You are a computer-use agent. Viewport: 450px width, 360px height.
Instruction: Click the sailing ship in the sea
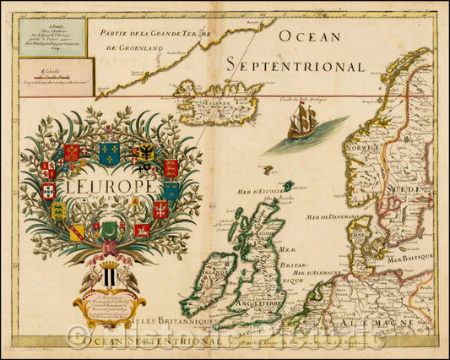tap(302, 124)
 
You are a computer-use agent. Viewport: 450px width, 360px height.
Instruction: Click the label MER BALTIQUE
tap(411, 254)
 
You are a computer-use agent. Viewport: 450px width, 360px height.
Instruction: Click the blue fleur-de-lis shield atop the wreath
tap(109, 153)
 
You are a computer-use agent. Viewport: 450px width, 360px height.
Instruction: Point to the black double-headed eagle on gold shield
tap(145, 152)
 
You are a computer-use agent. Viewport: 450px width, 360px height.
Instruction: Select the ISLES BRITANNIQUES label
tap(186, 322)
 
